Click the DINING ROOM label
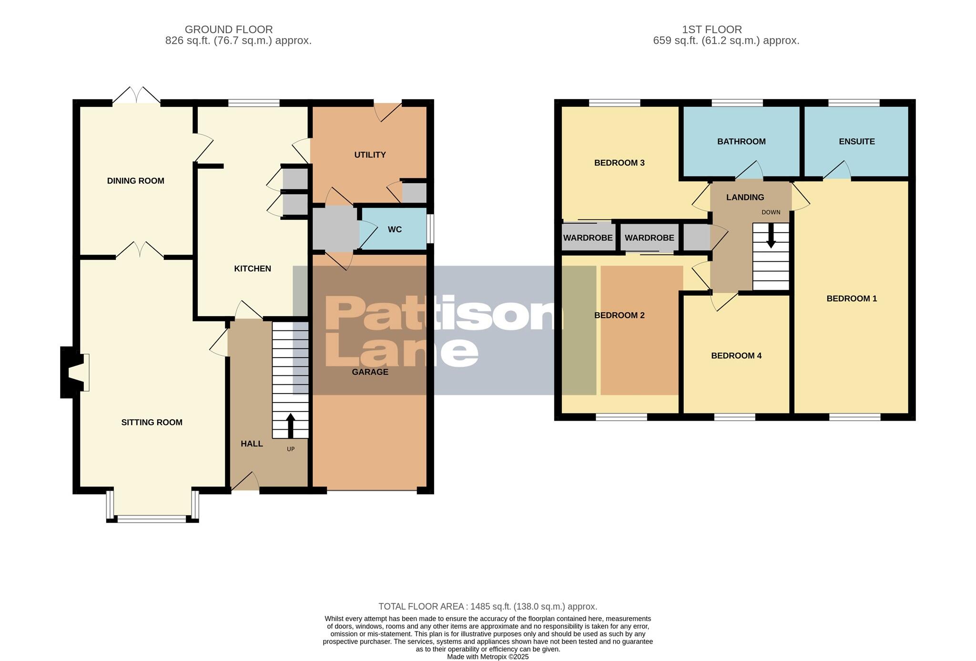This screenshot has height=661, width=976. coord(135,181)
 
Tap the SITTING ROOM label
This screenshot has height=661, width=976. coord(152,422)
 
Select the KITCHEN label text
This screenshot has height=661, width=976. coord(252,269)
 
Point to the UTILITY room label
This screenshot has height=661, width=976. coord(370,155)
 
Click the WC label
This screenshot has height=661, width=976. coord(395,229)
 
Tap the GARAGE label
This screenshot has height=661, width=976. coord(370,372)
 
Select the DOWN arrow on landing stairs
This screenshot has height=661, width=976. coord(771,237)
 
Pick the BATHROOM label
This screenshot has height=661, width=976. coord(741,141)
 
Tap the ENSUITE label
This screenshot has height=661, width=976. coord(856,141)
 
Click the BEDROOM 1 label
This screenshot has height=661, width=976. coord(851,299)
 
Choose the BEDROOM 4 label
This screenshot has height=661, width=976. coord(736,356)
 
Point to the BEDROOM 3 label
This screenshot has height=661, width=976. coord(619,163)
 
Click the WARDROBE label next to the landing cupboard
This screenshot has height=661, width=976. coord(649,238)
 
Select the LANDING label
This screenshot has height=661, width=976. coord(745,197)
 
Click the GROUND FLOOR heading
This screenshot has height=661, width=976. coord(229,30)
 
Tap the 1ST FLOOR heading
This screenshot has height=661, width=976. coord(712,30)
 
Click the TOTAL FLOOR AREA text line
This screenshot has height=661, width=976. coord(488,607)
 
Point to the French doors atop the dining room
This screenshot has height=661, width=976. coord(136,95)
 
